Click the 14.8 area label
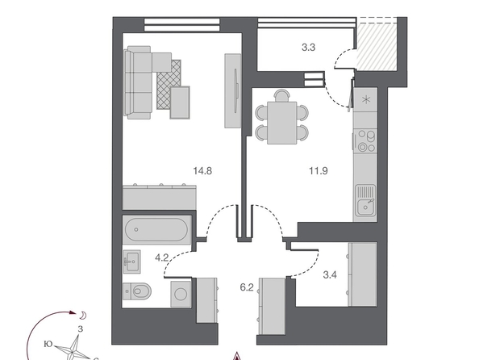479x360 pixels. [202, 170]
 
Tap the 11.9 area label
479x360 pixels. [319, 170]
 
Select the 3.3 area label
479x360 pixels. [308, 48]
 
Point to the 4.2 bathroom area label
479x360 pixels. [161, 257]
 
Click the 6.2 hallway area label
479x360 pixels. [247, 287]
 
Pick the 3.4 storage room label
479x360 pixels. [330, 275]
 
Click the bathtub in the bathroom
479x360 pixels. [156, 230]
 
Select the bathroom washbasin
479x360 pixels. [132, 262]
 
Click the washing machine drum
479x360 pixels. [181, 295]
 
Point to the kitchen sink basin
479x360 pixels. [365, 207]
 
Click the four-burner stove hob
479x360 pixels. [365, 140]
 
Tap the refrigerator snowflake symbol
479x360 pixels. [365, 100]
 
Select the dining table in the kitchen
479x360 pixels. [282, 123]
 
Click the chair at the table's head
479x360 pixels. [281, 95]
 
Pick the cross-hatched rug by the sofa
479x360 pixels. [169, 84]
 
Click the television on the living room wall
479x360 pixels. [237, 90]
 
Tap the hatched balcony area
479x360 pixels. [377, 47]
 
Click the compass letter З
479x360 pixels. [81, 329]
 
